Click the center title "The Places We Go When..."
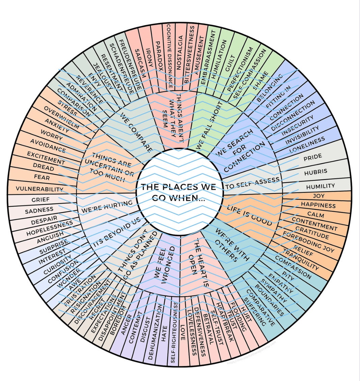tap(178, 192)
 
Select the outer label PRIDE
tap(312, 157)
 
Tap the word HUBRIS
tap(316, 172)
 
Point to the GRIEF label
tap(40, 200)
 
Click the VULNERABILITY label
tap(39, 189)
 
